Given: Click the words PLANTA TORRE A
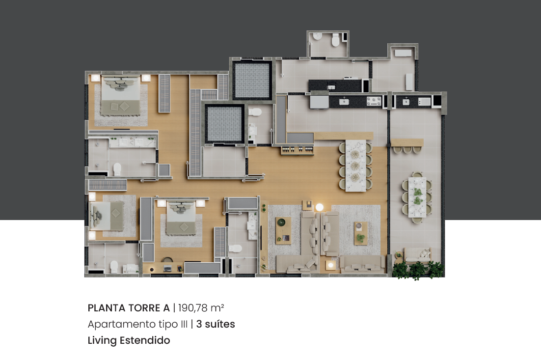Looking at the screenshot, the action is (x=129, y=308).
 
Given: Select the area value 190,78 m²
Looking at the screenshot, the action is (x=201, y=308).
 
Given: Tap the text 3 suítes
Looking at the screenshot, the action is (x=216, y=324).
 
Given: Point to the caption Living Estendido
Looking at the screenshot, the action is (x=129, y=340).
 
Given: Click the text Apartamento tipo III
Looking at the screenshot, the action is (x=137, y=325).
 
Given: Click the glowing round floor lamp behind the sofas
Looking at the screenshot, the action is (x=320, y=207).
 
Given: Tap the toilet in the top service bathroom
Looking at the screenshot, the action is (x=335, y=40).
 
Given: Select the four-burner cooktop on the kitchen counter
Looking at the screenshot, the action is (x=374, y=101).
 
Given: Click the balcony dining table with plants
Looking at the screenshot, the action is (x=417, y=197).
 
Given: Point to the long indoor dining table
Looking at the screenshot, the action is (x=356, y=166).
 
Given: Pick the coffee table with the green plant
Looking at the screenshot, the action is (x=360, y=233).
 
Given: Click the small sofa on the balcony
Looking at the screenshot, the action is (x=418, y=255).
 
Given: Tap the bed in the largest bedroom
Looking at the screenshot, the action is (x=120, y=96).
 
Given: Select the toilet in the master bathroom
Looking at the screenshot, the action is (x=117, y=169).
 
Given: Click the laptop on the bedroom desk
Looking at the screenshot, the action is (x=168, y=268).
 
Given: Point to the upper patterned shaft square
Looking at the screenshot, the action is (x=252, y=80).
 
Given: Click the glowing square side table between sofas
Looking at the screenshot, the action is (x=330, y=265).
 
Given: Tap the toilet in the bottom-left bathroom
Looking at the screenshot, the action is (x=114, y=267).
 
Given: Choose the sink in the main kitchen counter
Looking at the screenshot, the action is (x=344, y=101).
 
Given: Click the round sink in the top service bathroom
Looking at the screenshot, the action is (x=318, y=36).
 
